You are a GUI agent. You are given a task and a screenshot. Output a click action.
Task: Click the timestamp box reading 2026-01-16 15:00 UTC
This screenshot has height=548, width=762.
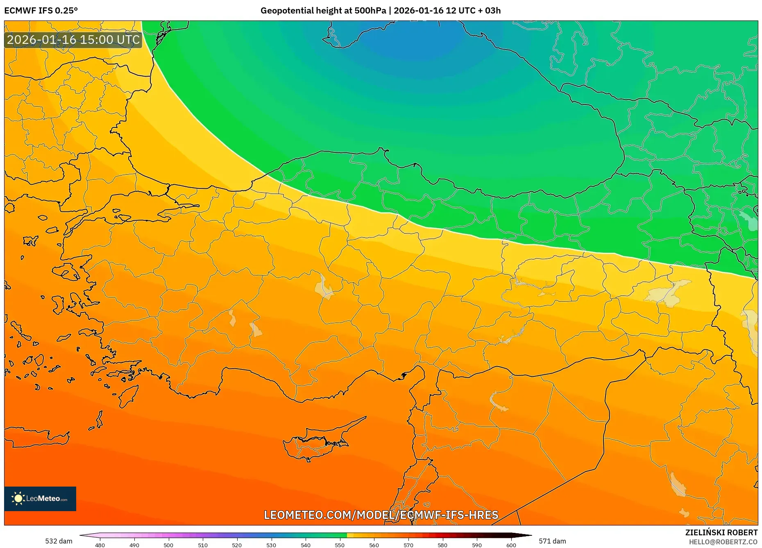[x=73, y=40]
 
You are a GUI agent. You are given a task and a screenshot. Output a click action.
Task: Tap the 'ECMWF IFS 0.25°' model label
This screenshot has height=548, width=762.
[x=41, y=11]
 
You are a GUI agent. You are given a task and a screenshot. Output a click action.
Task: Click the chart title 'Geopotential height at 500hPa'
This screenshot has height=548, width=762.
[x=323, y=11]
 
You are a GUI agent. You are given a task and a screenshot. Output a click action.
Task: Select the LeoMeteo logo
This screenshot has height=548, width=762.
[x=40, y=498]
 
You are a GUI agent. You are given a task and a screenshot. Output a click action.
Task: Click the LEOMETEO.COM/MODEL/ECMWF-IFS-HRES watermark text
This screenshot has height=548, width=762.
[x=381, y=515]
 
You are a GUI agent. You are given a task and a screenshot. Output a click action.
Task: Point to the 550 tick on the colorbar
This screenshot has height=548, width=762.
[x=340, y=545]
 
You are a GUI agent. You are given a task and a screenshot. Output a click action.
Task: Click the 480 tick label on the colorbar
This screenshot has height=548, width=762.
[x=100, y=545]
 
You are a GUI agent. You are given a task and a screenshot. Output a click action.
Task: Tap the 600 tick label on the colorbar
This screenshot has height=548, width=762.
[x=511, y=545]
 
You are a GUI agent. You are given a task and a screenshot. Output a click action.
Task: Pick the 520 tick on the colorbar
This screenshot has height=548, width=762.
[x=237, y=545]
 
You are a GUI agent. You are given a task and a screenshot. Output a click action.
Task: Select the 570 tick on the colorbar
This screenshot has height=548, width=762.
[x=408, y=545]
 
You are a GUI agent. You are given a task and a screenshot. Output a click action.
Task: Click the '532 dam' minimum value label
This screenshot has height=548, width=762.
[x=59, y=541]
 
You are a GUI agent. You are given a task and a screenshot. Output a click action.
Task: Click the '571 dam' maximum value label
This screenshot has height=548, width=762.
[x=552, y=541]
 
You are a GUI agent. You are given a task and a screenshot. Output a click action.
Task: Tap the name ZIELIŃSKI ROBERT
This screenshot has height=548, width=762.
[x=721, y=532]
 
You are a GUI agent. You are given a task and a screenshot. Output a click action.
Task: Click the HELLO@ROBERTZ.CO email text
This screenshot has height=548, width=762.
[x=723, y=542]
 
